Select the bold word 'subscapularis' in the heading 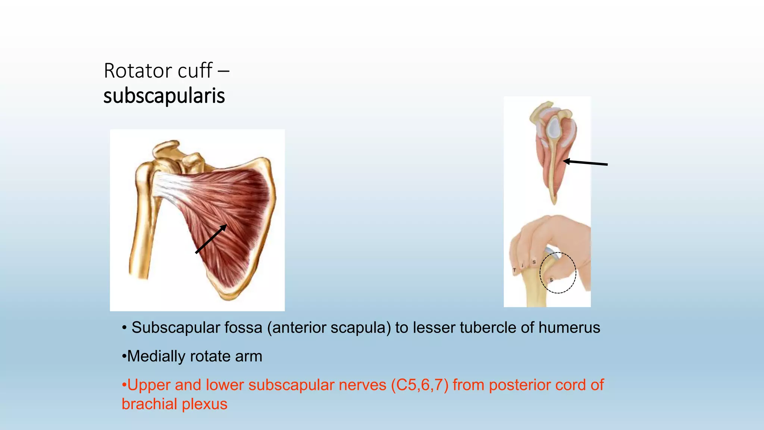pos(164,96)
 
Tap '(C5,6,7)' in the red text pos(419,385)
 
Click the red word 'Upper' pos(149,385)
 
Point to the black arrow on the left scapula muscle pos(211,239)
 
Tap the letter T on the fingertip pos(514,270)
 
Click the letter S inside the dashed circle pos(551,280)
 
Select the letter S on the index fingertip pos(534,262)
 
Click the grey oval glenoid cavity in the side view pos(554,127)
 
